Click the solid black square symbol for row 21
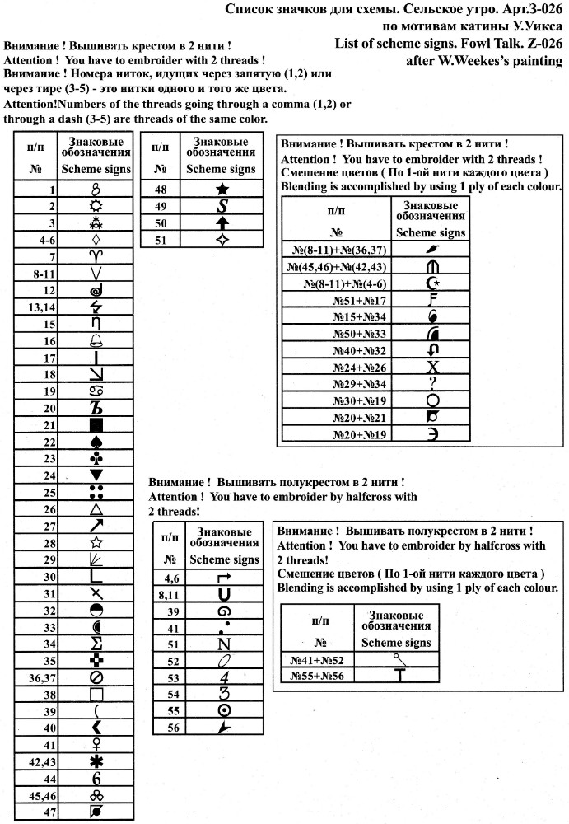click(x=96, y=425)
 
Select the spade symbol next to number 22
click(x=96, y=442)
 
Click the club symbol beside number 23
click(x=96, y=459)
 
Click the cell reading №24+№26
click(x=360, y=367)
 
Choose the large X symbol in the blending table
click(x=432, y=367)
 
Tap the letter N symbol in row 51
click(x=223, y=644)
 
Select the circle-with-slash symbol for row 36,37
click(x=96, y=677)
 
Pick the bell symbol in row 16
click(x=96, y=341)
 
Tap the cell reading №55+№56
click(x=317, y=677)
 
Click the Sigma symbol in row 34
click(x=96, y=644)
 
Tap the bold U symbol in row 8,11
click(x=223, y=594)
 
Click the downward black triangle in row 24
click(x=96, y=475)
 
